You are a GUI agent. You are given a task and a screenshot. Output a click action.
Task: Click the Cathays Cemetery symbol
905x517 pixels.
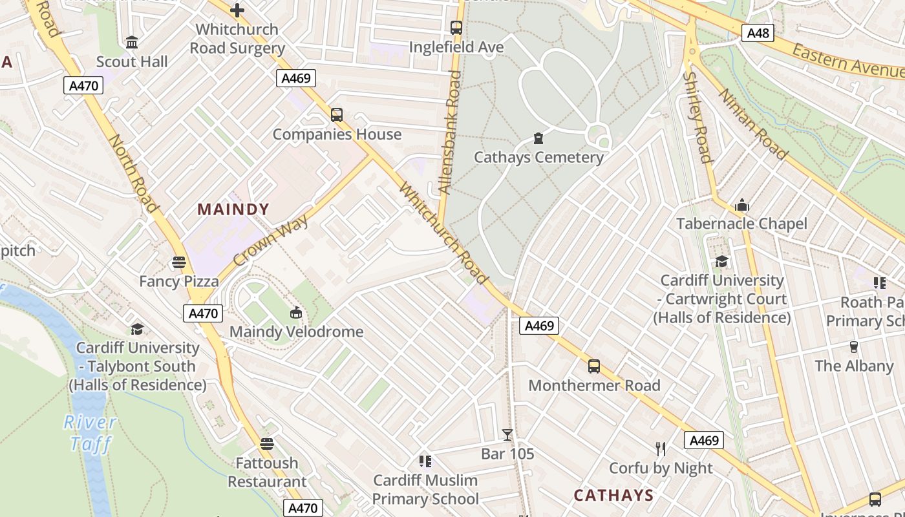point(538,138)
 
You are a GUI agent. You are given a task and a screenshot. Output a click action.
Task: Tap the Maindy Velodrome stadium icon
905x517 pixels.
point(296,313)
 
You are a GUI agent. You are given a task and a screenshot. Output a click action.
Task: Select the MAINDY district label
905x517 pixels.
point(233,209)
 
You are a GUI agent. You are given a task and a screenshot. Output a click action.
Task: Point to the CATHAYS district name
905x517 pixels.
point(614,496)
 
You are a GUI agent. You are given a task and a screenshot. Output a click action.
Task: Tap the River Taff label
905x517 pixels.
point(90,433)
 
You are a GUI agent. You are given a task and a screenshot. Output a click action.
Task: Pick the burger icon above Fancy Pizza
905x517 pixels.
point(179,262)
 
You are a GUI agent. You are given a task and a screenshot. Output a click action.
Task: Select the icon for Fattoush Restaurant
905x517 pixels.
point(267,444)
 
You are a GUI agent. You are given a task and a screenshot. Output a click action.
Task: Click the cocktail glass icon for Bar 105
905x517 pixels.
point(507,435)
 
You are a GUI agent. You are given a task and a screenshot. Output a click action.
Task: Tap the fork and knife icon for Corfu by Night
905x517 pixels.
point(661,449)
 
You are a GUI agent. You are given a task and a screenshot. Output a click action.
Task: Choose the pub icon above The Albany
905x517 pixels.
point(853,347)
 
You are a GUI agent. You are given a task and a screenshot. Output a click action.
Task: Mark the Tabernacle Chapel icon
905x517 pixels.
point(742,206)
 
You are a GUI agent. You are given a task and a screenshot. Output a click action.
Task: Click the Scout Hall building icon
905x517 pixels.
point(132,43)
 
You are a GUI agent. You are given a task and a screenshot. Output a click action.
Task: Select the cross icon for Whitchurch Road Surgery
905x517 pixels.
point(237,10)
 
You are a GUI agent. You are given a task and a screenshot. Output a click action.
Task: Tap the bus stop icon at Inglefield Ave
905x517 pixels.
point(456,28)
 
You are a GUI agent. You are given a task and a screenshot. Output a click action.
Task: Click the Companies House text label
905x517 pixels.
point(337,134)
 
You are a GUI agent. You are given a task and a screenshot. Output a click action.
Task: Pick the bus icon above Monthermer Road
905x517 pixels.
point(594,366)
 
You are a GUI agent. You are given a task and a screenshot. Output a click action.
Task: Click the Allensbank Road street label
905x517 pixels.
point(450,132)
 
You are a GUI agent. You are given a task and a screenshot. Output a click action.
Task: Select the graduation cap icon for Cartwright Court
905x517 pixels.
point(721,261)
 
